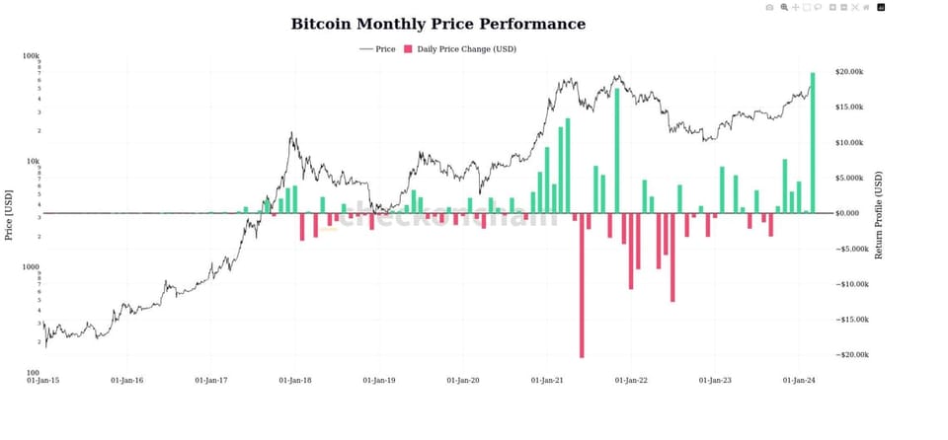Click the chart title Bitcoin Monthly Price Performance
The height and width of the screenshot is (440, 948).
(437, 24)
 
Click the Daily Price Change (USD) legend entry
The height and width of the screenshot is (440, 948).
(460, 48)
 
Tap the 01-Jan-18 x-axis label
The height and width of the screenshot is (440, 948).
(295, 380)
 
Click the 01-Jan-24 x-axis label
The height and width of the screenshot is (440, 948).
(798, 380)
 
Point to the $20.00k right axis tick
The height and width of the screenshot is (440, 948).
(850, 72)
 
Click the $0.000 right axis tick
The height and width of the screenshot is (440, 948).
(849, 213)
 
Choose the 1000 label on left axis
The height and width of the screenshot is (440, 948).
(30, 267)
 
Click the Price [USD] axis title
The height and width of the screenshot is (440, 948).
(9, 215)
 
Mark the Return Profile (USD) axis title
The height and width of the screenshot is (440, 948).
(879, 215)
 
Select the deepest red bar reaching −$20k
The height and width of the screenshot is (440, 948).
(582, 285)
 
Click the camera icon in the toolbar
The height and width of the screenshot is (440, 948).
(770, 8)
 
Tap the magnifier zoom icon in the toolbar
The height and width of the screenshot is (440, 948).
(784, 8)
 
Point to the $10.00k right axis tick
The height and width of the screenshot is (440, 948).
(850, 143)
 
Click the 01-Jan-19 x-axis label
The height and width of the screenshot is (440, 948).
(379, 380)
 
